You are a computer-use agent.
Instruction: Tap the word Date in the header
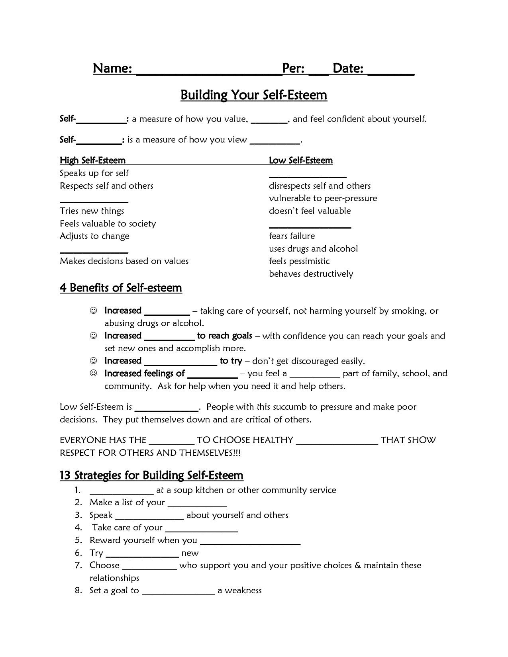click(348, 68)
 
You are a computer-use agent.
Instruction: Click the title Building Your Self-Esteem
click(254, 95)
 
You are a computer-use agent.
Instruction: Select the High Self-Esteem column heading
click(92, 160)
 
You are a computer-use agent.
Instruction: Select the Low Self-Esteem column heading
click(301, 160)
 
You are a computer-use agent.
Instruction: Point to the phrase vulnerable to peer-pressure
click(323, 198)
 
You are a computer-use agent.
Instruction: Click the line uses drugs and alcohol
click(313, 249)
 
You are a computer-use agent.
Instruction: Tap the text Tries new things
click(92, 211)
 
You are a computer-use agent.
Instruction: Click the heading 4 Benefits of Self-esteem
click(121, 288)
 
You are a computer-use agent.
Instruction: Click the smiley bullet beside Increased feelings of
click(93, 373)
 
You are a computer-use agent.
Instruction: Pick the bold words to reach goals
click(224, 336)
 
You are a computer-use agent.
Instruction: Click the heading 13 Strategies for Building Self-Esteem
click(151, 475)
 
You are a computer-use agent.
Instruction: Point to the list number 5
click(78, 540)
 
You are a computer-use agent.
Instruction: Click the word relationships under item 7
click(114, 578)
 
